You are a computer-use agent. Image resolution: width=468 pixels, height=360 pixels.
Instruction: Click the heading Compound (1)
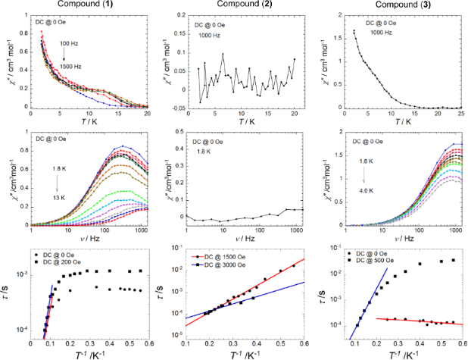click(x=85, y=7)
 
